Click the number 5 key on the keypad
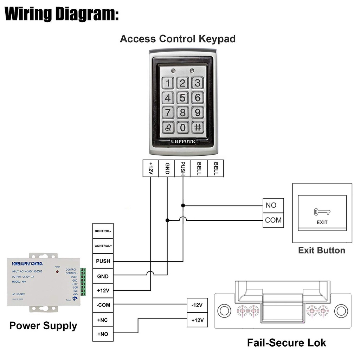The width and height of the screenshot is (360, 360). click(182, 98)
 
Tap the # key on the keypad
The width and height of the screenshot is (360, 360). click(198, 127)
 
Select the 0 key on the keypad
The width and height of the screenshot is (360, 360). click(182, 127)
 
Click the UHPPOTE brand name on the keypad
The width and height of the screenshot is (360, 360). click(183, 141)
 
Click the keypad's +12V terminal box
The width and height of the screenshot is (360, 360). click(150, 168)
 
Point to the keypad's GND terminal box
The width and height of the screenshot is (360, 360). click(167, 168)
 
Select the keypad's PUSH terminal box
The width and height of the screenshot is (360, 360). click(182, 168)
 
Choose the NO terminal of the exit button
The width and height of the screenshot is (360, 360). click(273, 205)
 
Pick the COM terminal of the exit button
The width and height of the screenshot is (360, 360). click(273, 220)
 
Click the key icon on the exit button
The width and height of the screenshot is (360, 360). click(322, 212)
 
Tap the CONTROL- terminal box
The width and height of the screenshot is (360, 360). click(103, 231)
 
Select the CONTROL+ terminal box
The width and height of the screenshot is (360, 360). click(103, 246)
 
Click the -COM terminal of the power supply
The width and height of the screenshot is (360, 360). click(103, 305)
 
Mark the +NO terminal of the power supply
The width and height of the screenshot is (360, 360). click(103, 334)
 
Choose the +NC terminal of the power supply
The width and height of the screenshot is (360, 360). click(103, 320)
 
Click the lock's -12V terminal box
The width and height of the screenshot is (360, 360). click(197, 305)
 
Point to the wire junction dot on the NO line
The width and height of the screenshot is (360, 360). click(183, 205)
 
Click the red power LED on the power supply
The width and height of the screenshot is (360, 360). click(57, 272)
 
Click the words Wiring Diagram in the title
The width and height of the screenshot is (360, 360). click(62, 14)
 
